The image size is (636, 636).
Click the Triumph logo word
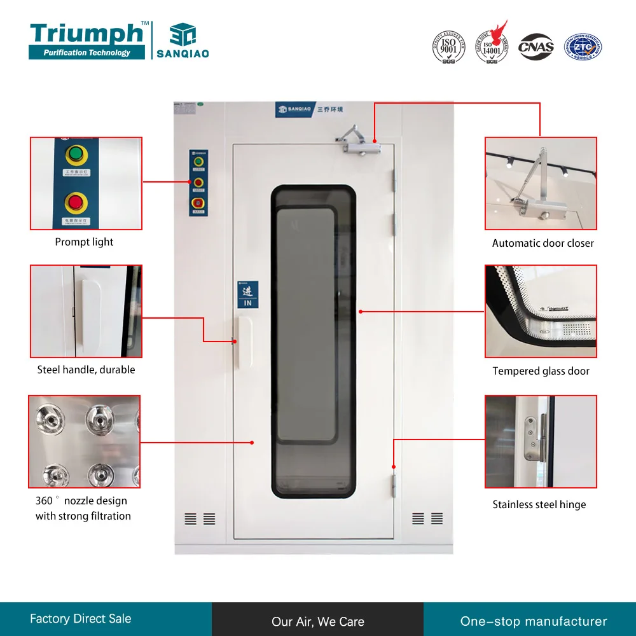[86, 33]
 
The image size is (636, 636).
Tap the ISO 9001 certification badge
[448, 46]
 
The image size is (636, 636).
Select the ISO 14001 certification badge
[492, 46]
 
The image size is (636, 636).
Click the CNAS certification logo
[536, 47]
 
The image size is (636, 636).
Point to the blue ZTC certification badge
[583, 47]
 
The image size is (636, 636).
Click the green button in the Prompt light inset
[76, 155]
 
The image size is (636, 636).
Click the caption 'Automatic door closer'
[543, 243]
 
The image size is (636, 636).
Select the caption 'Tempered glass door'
[541, 371]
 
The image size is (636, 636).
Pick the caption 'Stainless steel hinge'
[539, 504]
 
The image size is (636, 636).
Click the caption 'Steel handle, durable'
[86, 370]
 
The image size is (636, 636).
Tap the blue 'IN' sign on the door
[247, 295]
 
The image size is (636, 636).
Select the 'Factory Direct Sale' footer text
[80, 618]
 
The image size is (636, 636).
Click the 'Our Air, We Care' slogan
[317, 621]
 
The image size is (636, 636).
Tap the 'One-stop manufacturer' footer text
[534, 621]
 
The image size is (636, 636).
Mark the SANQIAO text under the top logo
[183, 54]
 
